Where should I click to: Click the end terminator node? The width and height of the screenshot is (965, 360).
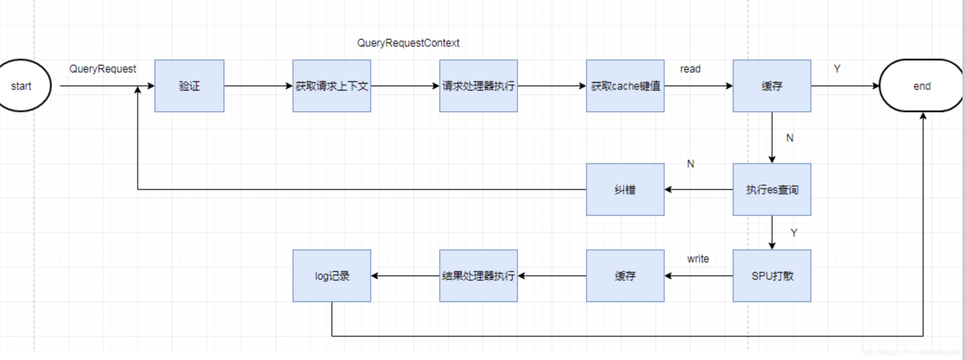(x=921, y=86)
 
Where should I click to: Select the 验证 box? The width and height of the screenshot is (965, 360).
(x=189, y=86)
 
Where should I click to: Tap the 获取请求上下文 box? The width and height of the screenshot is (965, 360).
(x=331, y=86)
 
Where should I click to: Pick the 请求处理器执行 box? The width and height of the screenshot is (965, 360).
(x=478, y=86)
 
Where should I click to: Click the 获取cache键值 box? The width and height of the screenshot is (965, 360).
(x=625, y=86)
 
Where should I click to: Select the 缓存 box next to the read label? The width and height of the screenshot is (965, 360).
(x=772, y=86)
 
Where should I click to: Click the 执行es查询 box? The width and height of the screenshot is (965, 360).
(x=772, y=189)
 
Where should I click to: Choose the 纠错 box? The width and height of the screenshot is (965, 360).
(x=625, y=189)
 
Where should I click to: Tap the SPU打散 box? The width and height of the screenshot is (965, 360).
(x=772, y=276)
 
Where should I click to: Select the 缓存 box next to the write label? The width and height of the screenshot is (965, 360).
(x=625, y=276)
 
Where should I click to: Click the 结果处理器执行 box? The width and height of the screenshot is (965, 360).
(x=478, y=276)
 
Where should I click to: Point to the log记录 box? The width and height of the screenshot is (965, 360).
(x=331, y=276)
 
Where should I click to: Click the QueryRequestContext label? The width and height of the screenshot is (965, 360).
(x=408, y=43)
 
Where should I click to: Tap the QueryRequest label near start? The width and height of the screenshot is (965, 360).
(x=102, y=69)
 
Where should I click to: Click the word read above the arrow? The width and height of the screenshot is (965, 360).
(x=690, y=69)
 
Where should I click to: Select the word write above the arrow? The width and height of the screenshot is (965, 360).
(x=698, y=259)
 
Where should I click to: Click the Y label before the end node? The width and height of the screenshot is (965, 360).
(x=837, y=69)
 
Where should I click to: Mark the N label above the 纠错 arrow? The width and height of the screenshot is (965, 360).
(x=691, y=164)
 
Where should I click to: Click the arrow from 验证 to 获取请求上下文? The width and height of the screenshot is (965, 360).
(x=258, y=86)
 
